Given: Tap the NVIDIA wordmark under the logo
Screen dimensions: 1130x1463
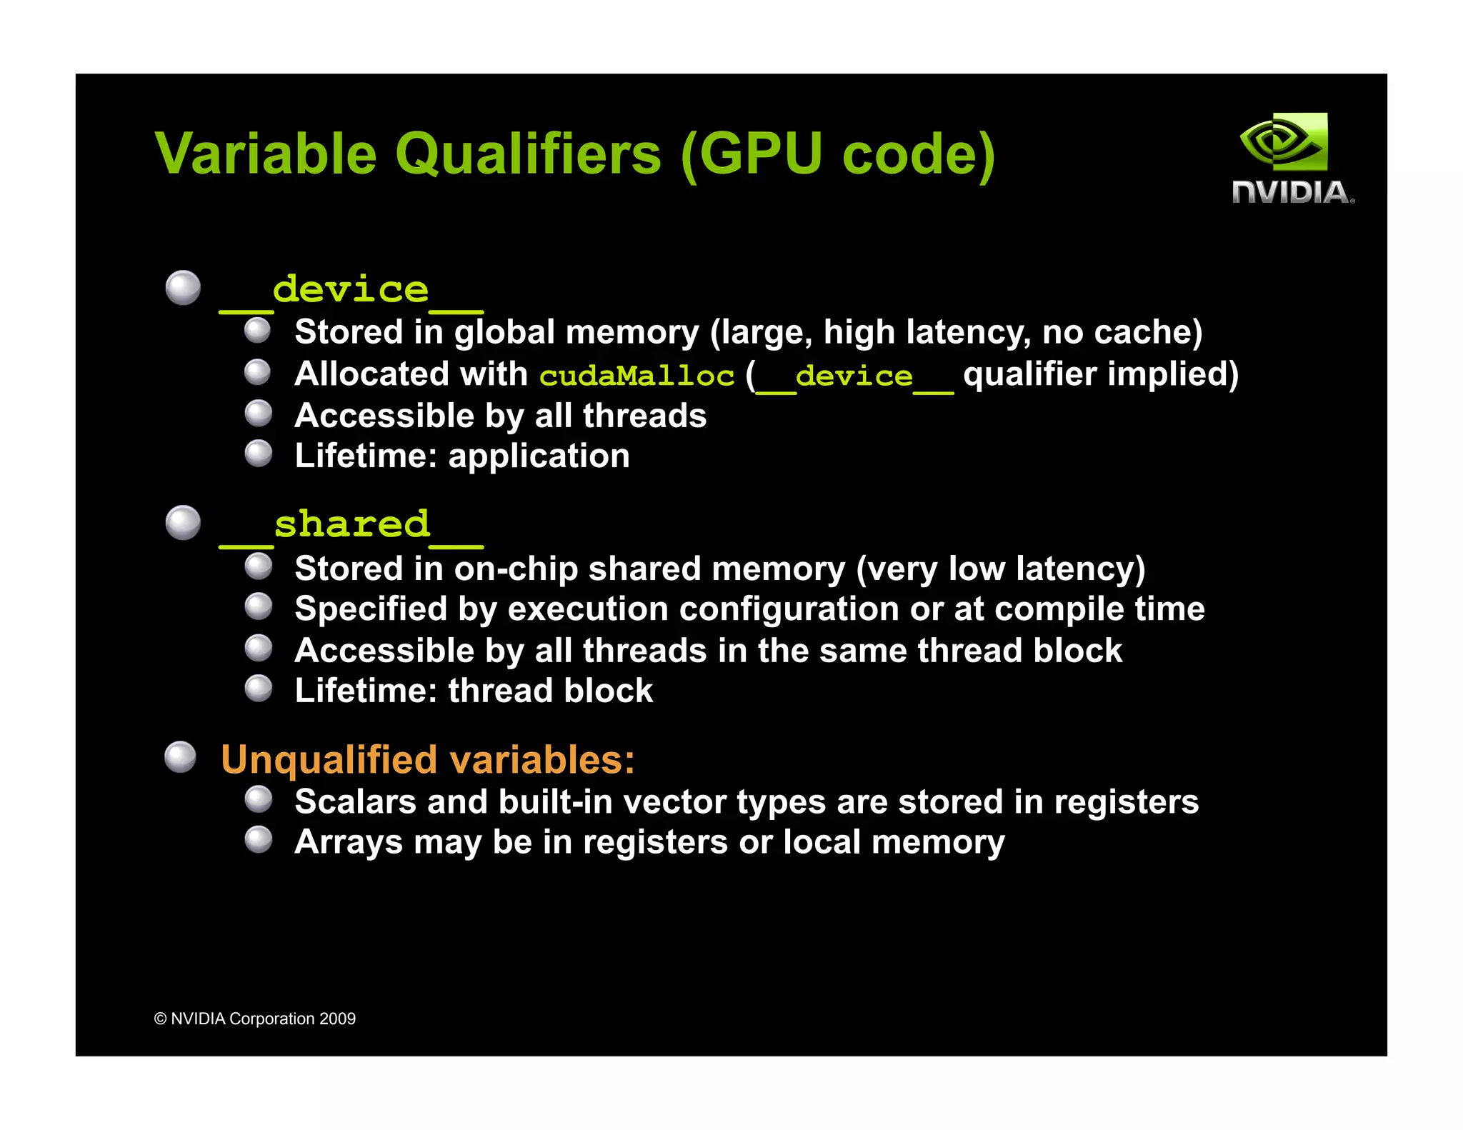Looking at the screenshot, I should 1292,192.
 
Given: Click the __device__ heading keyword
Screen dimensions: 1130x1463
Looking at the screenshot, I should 351,291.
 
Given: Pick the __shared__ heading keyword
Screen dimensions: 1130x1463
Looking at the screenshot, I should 351,526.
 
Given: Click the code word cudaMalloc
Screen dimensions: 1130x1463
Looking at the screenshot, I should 636,376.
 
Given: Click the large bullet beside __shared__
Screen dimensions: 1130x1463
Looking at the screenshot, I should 183,523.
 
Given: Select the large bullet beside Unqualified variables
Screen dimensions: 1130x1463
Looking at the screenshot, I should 180,757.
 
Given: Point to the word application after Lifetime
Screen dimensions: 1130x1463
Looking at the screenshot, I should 539,456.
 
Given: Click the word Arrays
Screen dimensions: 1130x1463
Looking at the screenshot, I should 349,843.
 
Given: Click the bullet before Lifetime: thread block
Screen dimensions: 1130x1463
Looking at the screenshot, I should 258,689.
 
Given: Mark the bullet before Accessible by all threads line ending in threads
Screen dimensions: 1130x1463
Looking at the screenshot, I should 258,413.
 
